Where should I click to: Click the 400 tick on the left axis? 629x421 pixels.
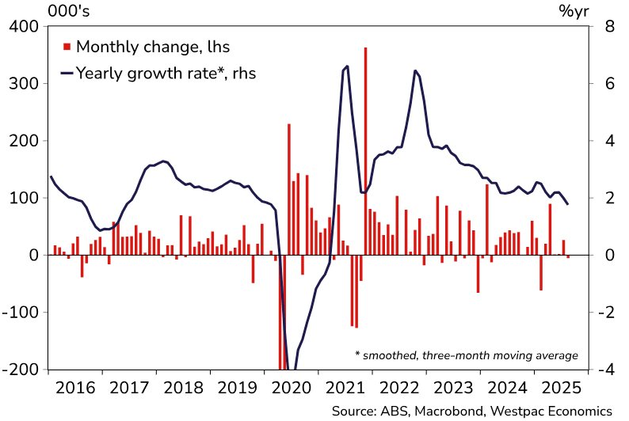pyautogui.click(x=23, y=26)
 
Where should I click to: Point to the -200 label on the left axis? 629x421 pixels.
pyautogui.click(x=20, y=370)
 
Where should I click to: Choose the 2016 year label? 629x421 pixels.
pyautogui.click(x=75, y=389)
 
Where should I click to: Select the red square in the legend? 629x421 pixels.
pyautogui.click(x=66, y=47)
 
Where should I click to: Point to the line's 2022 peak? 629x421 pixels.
pyautogui.click(x=415, y=71)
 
